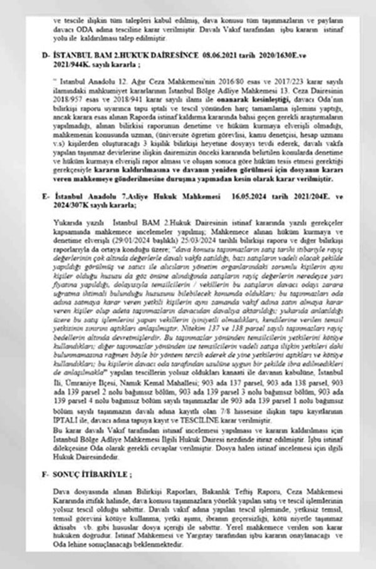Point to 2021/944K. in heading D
[x=72, y=64]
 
